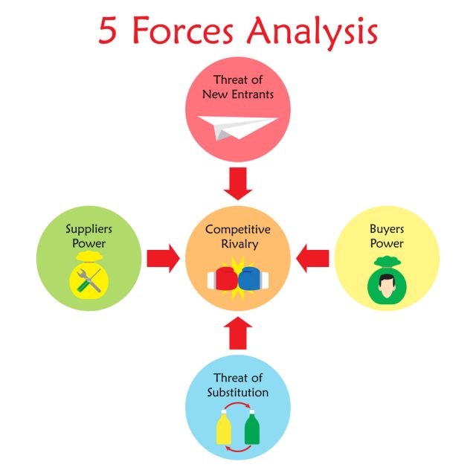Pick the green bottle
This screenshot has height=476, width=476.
pos(251,430)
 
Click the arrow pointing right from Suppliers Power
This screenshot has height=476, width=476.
pos(163,259)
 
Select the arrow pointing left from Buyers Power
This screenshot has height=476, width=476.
pos(312,259)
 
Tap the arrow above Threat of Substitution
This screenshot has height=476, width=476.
pos(237,333)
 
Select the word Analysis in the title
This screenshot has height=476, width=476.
pos(313,32)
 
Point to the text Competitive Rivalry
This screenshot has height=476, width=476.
pos(238,237)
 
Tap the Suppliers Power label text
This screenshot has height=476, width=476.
pos(89,237)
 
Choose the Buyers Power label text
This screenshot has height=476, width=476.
pos(387,237)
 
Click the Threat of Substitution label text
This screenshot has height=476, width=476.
pos(238,385)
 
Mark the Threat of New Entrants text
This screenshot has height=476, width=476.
pos(238,87)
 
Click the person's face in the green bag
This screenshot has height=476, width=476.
pos(386,285)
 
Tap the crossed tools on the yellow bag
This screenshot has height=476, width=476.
pos(89,280)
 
